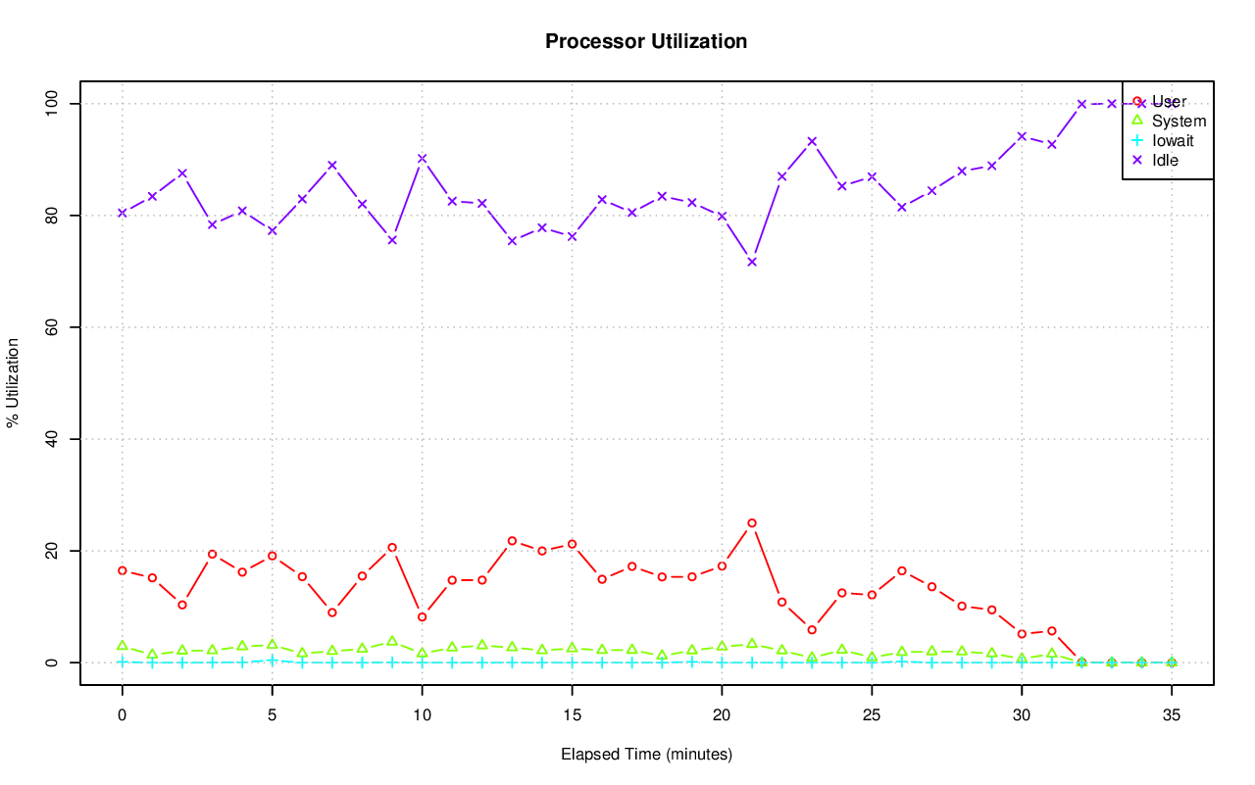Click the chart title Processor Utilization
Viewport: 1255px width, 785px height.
click(646, 41)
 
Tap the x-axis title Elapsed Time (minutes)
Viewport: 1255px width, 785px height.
click(646, 755)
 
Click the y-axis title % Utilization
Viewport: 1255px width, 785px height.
click(14, 382)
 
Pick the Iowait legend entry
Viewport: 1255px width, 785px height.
click(1172, 140)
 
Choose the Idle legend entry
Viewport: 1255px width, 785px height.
click(1165, 160)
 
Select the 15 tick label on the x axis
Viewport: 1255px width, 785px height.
click(572, 716)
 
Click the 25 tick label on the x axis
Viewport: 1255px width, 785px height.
click(872, 716)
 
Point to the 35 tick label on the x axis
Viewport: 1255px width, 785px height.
click(1171, 716)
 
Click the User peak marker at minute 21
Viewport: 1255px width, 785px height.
click(752, 523)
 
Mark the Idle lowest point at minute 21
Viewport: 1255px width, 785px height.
click(752, 262)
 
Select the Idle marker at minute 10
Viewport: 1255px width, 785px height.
click(422, 158)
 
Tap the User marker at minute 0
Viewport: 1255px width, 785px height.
click(123, 570)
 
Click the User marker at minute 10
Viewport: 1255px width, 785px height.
click(422, 616)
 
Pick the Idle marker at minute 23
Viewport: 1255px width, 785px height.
click(812, 141)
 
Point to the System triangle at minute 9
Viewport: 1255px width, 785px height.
click(392, 641)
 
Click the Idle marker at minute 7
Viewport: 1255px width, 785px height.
click(332, 165)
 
